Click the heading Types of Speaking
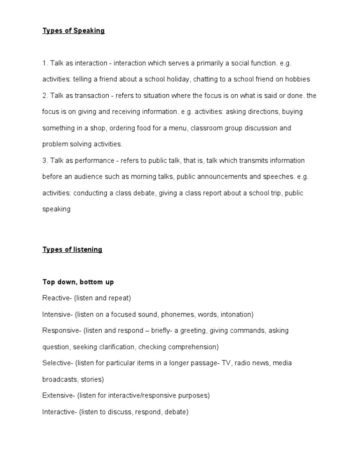point(74,31)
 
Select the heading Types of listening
point(72,249)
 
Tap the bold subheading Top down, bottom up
point(78,282)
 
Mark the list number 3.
point(45,160)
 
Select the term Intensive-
point(57,314)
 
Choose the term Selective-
point(57,363)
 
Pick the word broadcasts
point(60,379)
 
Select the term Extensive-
point(59,395)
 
